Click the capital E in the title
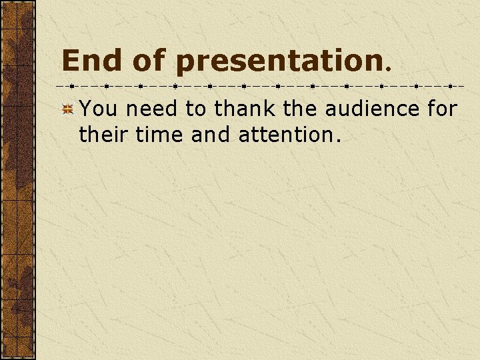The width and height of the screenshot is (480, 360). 70,61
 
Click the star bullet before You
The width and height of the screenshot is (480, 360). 67,110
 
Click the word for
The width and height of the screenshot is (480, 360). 441,109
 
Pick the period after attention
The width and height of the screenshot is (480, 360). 338,141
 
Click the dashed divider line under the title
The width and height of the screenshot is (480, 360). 260,86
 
